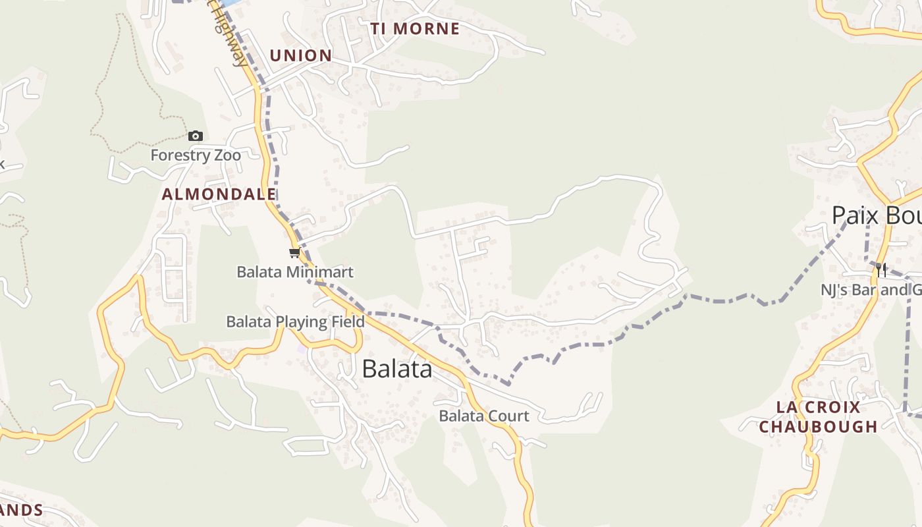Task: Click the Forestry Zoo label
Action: click(196, 155)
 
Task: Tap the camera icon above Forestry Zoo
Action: click(196, 136)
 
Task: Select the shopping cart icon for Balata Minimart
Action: click(294, 253)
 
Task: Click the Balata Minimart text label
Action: click(295, 271)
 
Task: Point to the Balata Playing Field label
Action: click(295, 321)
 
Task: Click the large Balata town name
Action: click(397, 369)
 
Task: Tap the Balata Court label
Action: click(484, 416)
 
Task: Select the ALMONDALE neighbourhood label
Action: click(219, 194)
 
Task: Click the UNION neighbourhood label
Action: click(300, 55)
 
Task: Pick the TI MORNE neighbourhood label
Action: click(415, 29)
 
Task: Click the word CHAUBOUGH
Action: click(819, 427)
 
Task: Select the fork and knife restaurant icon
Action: click(882, 269)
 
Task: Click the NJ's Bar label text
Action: click(869, 289)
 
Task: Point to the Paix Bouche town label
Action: click(876, 215)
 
